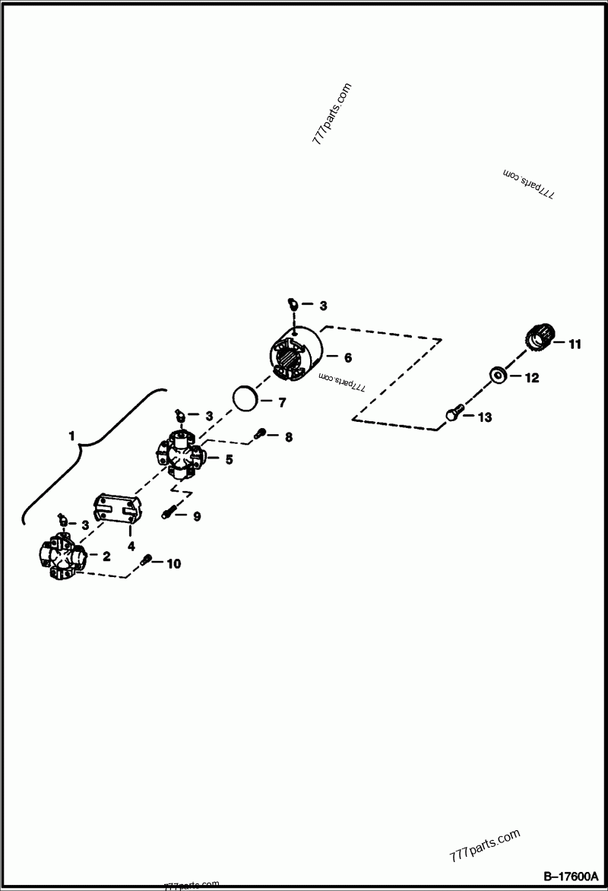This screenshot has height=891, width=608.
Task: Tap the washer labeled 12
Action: click(x=499, y=375)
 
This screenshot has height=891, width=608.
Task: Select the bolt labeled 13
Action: click(x=454, y=413)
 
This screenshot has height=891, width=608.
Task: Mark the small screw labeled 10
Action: click(x=147, y=560)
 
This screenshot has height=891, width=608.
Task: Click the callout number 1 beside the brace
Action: click(x=71, y=436)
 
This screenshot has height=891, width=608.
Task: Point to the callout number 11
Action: click(x=575, y=344)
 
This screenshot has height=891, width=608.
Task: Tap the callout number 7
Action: click(x=283, y=402)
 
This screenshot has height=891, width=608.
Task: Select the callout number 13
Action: click(x=485, y=417)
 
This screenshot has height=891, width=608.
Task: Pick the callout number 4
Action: click(x=131, y=546)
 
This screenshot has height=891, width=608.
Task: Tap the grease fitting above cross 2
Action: click(x=62, y=520)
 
